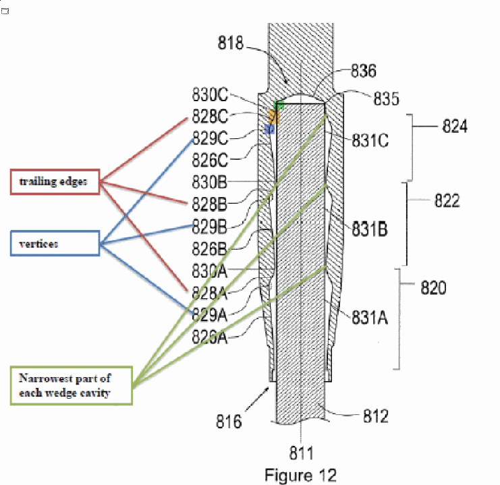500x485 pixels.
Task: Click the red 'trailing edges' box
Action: coord(55,181)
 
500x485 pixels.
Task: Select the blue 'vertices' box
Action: coord(55,244)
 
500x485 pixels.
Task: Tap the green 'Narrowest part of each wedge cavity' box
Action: coord(72,386)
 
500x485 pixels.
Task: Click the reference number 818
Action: coord(230,42)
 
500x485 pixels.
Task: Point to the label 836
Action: coord(364,70)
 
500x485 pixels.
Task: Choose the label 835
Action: coord(386,98)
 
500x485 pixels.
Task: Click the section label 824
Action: coord(455,126)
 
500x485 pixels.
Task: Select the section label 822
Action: coord(447,201)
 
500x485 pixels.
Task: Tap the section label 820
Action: coord(433,287)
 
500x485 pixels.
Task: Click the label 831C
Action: coord(370,140)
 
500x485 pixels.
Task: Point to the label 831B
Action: coord(370,229)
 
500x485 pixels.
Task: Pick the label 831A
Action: coord(370,318)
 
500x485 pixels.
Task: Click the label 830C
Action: coord(210,94)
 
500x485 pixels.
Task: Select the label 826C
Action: coord(210,160)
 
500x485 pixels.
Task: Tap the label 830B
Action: coord(209,182)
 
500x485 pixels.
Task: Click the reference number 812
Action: coord(376,416)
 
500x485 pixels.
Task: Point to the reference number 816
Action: coord(229,421)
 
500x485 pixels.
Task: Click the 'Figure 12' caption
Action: coord(300,475)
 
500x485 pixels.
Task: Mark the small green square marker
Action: coord(279,105)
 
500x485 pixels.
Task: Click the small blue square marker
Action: coord(269,129)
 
